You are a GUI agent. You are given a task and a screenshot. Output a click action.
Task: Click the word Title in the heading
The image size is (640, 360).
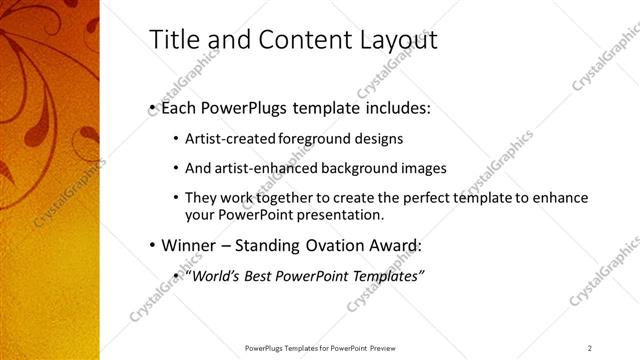pyautogui.click(x=171, y=40)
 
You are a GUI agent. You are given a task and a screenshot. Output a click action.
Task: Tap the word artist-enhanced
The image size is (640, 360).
pyautogui.click(x=250, y=168)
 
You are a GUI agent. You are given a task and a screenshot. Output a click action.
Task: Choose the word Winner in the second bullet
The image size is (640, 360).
pyautogui.click(x=188, y=245)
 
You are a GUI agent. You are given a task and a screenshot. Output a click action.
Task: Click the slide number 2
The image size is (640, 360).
pyautogui.click(x=589, y=348)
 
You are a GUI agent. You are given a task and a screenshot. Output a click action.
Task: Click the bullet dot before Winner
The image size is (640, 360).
pyautogui.click(x=151, y=245)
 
